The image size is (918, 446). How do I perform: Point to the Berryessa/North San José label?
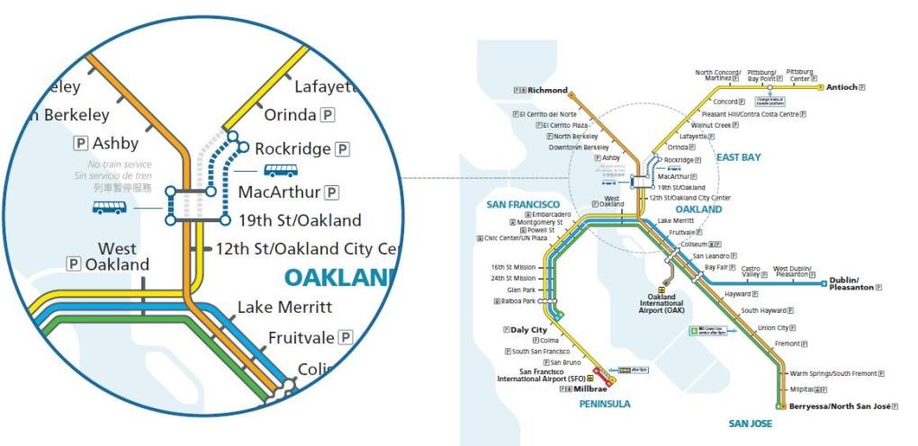coord(839,407)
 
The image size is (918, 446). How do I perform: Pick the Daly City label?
coord(529,330)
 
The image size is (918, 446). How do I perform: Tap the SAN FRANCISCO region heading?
coord(523,205)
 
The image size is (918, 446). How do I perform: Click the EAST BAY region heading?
coord(738,157)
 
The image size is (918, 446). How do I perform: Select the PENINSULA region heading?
coord(605,405)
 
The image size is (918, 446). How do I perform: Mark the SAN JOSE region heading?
coord(751,423)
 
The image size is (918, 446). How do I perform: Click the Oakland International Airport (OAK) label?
coord(661,303)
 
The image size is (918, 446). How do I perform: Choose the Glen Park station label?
coord(521,290)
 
